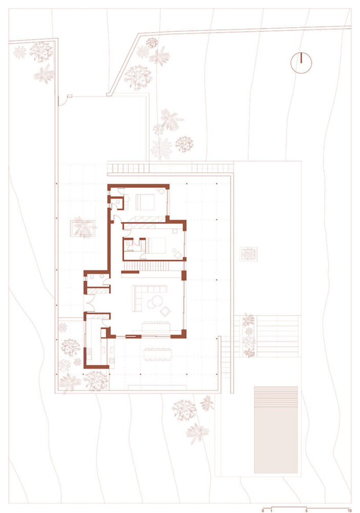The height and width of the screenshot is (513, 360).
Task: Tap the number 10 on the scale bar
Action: (350, 510)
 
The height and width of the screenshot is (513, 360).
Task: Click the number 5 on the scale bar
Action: (306, 510)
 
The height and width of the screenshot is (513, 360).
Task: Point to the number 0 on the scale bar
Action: (263, 510)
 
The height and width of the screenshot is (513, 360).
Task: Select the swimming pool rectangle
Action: (276, 429)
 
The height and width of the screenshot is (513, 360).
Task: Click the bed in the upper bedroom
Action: (145, 202)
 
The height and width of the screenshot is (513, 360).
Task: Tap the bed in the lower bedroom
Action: (156, 245)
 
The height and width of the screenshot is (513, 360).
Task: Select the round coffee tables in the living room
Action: (155, 302)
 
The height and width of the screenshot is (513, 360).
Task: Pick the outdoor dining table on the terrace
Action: (157, 354)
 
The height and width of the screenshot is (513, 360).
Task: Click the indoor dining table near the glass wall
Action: (155, 328)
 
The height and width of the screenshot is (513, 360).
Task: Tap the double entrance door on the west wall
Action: (89, 303)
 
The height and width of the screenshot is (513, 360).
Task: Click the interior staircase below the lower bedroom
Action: (146, 266)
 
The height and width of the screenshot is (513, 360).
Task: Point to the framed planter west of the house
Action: (84, 228)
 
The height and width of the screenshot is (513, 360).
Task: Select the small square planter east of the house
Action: (248, 254)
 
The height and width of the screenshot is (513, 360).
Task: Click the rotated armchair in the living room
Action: (166, 311)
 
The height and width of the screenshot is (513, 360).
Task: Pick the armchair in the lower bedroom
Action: (177, 253)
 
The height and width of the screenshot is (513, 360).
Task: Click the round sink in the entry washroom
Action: (102, 276)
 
